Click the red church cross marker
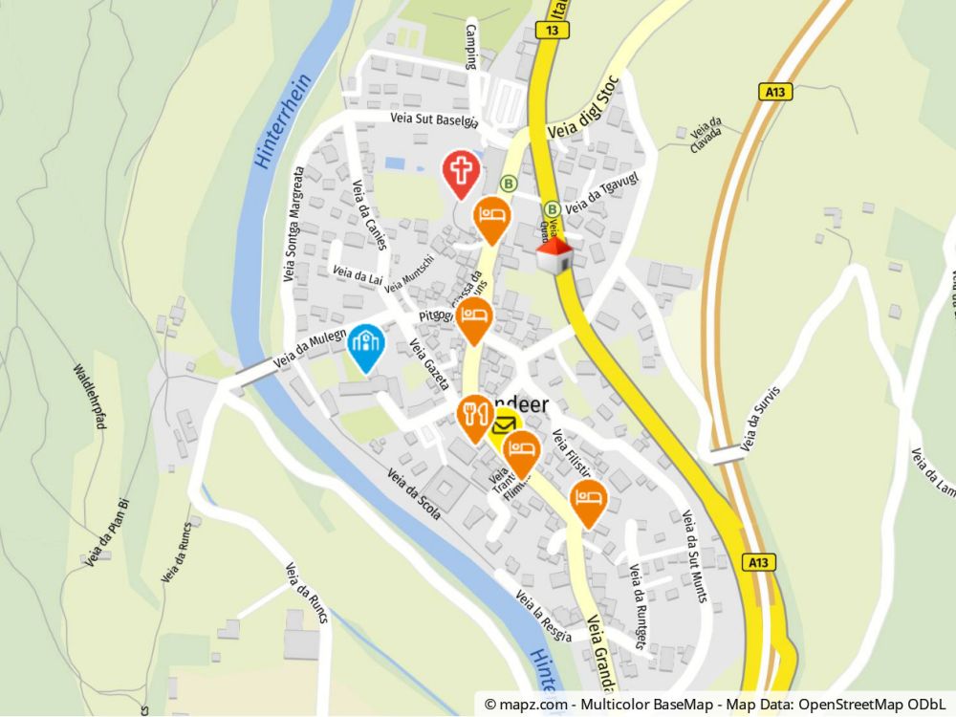point(462,173)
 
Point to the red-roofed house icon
point(554,255)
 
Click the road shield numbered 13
point(553,31)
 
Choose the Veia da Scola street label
point(413,493)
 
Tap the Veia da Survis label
point(761,417)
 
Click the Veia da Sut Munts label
point(695,556)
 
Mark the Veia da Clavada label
point(705,137)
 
